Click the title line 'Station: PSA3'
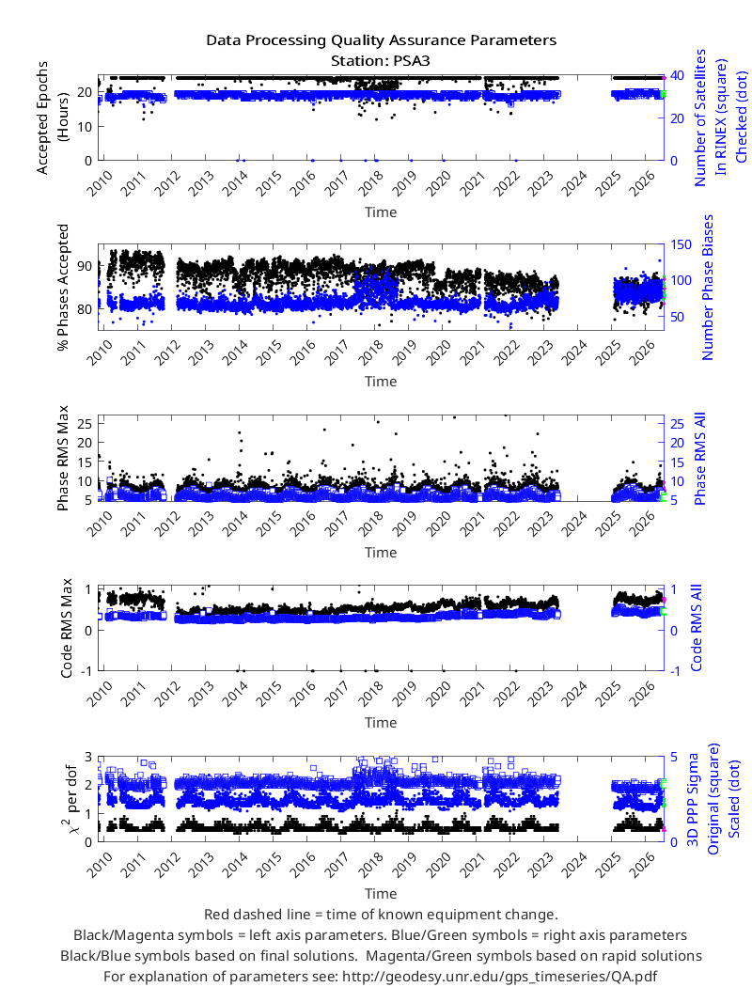pyautogui.click(x=381, y=61)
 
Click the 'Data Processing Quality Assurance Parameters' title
pyautogui.click(x=382, y=40)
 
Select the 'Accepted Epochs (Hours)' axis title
pyautogui.click(x=52, y=117)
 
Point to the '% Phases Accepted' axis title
pyautogui.click(x=63, y=288)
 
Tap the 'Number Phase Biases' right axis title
pyautogui.click(x=708, y=287)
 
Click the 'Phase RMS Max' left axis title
pyautogui.click(x=63, y=459)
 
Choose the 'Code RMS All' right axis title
pyautogui.click(x=697, y=628)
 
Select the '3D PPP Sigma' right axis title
pyautogui.click(x=693, y=799)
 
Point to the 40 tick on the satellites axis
pyautogui.click(x=677, y=75)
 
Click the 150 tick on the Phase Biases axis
pyautogui.click(x=681, y=244)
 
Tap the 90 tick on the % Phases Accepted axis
pyautogui.click(x=85, y=266)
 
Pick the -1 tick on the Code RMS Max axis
pyautogui.click(x=86, y=671)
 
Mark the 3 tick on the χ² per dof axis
pyautogui.click(x=88, y=757)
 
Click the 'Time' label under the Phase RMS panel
pyautogui.click(x=381, y=553)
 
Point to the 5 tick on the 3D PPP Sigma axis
pyautogui.click(x=674, y=757)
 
